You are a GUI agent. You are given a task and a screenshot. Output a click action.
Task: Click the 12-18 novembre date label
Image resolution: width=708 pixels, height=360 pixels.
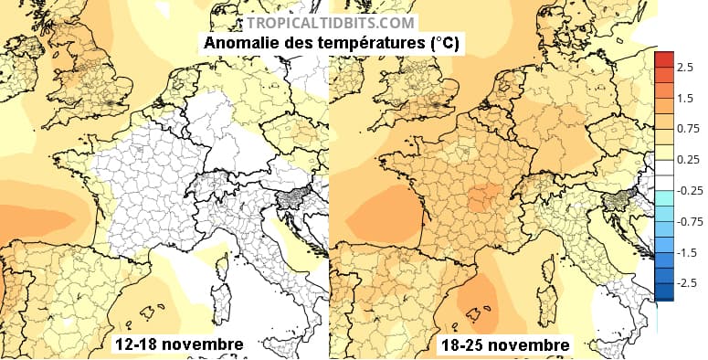[178, 344]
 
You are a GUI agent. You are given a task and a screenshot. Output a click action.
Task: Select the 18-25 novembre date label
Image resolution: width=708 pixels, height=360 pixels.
[504, 345]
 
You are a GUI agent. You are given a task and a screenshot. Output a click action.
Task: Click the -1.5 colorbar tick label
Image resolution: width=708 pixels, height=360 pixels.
[688, 252]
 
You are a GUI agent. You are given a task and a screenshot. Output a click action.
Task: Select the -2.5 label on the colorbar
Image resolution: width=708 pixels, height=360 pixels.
[688, 283]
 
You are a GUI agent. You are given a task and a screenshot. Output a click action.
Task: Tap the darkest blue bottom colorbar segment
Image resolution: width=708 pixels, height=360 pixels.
[663, 292]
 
